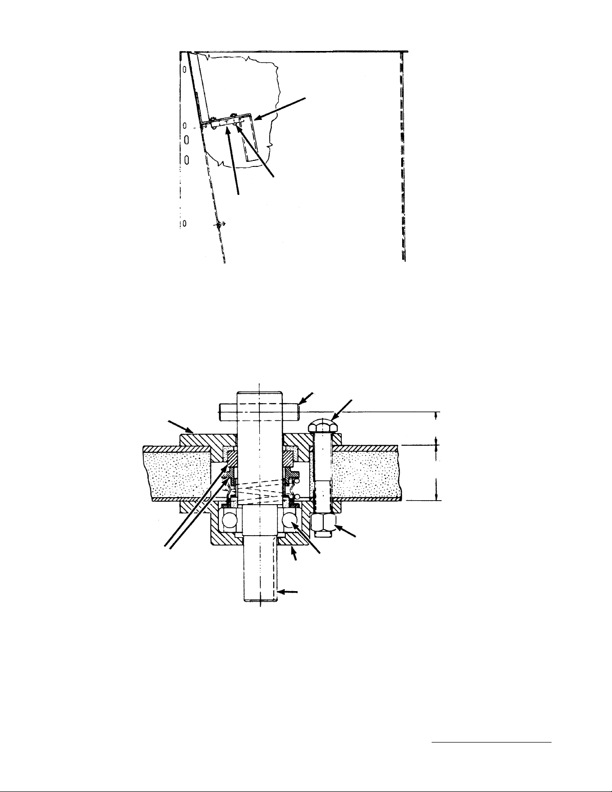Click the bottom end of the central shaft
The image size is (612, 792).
260,597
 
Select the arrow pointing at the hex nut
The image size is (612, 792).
347,532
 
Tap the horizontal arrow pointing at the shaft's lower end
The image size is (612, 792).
288,592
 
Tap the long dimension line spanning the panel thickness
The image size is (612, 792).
438,473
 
